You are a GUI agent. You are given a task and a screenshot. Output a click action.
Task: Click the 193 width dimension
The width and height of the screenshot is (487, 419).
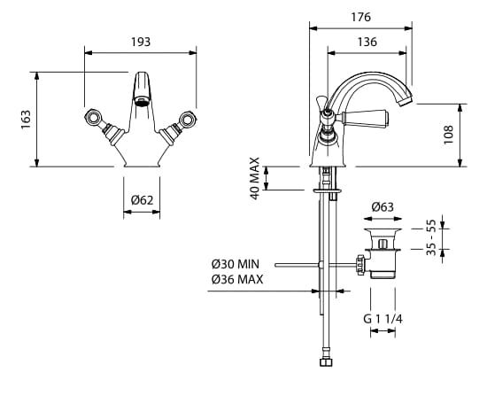click(141, 42)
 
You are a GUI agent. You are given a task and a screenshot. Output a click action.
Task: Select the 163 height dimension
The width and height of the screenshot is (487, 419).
click(26, 120)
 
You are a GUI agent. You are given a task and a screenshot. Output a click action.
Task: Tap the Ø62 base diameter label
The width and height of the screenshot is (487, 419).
click(143, 200)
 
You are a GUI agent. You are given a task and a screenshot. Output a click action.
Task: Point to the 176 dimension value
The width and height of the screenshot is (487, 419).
click(361, 17)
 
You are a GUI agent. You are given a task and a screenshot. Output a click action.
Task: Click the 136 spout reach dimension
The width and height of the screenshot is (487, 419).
click(367, 42)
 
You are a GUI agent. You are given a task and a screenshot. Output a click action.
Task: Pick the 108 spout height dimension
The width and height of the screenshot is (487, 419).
click(448, 135)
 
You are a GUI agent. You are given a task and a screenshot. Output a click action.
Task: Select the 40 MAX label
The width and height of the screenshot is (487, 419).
click(255, 178)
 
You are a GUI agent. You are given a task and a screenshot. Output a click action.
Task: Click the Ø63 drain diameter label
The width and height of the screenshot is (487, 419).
click(383, 206)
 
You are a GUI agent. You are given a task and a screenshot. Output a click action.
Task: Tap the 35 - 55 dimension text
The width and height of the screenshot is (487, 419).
click(431, 237)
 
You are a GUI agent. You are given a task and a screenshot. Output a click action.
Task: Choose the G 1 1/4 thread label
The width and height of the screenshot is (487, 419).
click(383, 319)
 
